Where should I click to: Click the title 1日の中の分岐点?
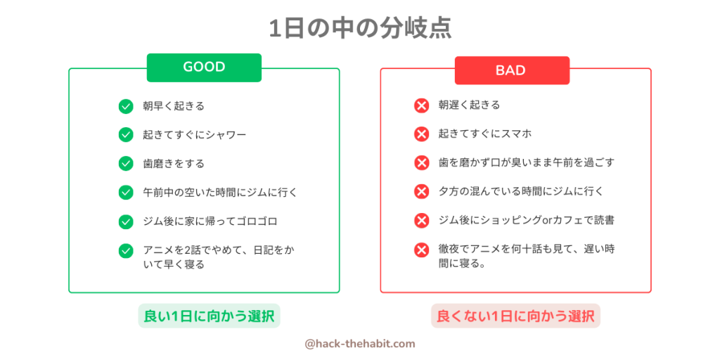click(x=360, y=29)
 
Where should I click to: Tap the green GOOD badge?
click(x=204, y=67)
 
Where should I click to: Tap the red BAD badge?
click(x=512, y=70)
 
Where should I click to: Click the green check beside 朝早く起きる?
click(x=126, y=107)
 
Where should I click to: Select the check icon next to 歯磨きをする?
click(x=126, y=163)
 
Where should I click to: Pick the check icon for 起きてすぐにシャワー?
click(x=126, y=135)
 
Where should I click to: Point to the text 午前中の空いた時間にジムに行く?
click(x=220, y=192)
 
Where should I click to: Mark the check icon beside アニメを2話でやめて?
click(x=126, y=251)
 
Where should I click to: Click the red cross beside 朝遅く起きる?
click(x=421, y=105)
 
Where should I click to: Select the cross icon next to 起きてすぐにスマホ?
click(x=421, y=134)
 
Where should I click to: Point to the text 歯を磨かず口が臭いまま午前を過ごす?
click(x=526, y=162)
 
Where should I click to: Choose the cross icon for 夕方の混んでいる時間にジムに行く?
click(x=421, y=191)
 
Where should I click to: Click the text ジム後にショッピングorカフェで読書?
click(x=527, y=220)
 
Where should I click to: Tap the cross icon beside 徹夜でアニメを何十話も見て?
click(x=421, y=250)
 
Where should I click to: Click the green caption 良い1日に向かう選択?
click(x=210, y=316)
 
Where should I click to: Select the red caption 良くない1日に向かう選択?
click(x=515, y=316)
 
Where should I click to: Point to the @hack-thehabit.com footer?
click(x=360, y=343)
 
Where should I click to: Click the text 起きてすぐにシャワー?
click(x=195, y=135)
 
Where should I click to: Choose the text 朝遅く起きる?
click(x=469, y=105)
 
